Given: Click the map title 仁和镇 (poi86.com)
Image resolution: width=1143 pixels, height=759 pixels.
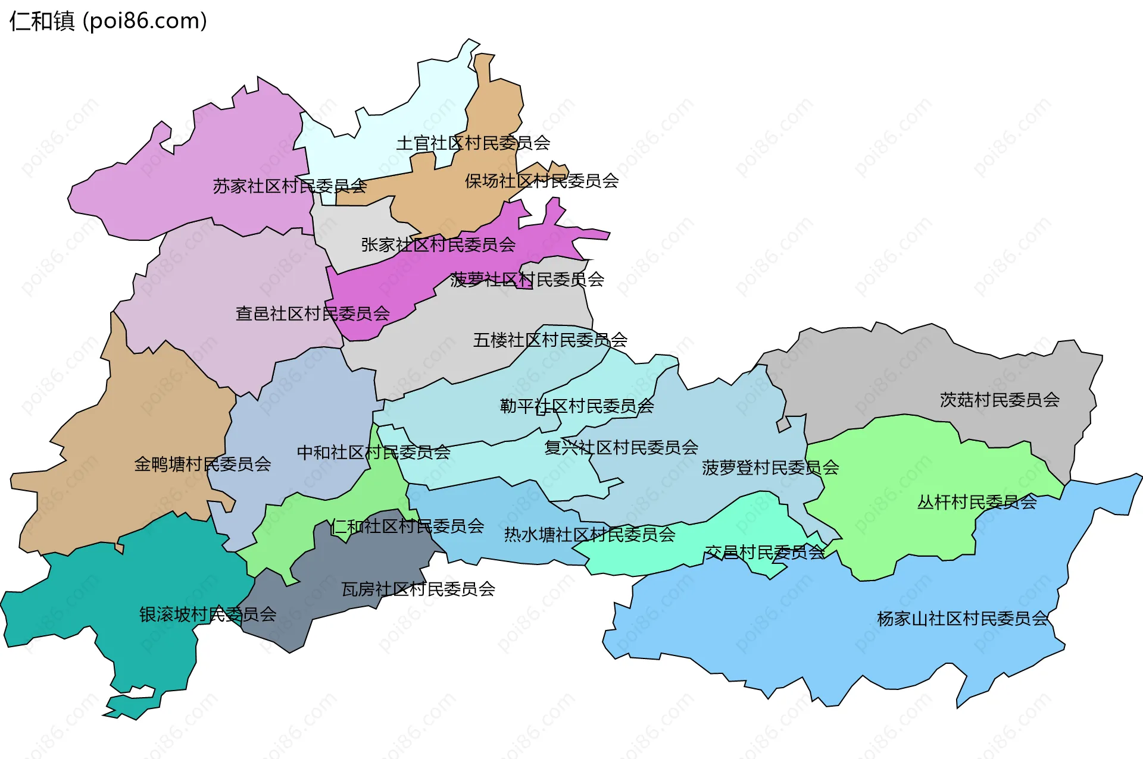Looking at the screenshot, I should click(x=108, y=21).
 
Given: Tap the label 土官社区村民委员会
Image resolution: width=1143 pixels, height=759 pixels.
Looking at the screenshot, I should click(x=473, y=143).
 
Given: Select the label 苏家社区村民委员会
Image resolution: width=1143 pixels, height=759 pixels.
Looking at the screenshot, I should click(x=289, y=186).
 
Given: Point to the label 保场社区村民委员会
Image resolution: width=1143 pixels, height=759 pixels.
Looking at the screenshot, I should click(x=542, y=181).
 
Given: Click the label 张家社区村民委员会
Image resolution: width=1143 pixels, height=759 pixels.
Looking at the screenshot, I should click(x=438, y=244).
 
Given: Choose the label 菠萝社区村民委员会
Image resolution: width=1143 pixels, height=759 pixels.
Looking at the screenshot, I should click(x=527, y=279).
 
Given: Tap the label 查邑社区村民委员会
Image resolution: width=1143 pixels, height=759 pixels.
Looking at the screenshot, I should click(x=313, y=313).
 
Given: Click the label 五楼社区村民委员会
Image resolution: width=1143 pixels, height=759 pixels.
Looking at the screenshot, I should click(x=550, y=340).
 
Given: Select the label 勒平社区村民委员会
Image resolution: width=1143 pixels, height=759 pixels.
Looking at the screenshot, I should click(x=577, y=406).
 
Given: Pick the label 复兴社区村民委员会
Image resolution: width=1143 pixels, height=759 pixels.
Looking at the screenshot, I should click(x=621, y=447).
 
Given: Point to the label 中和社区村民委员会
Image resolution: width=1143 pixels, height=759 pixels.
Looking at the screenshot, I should click(x=373, y=453).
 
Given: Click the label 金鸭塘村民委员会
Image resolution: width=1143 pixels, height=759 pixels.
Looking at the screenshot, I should click(x=202, y=464).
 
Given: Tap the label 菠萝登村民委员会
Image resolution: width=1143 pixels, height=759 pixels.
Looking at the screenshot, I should click(x=770, y=468).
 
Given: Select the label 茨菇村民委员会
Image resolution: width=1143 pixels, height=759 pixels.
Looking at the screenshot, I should click(x=1000, y=400).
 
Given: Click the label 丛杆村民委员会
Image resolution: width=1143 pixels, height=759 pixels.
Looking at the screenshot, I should click(x=977, y=502).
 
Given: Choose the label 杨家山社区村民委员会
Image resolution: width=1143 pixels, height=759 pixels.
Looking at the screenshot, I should click(x=962, y=619).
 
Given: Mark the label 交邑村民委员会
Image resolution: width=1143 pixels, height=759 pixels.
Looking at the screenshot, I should click(x=765, y=553).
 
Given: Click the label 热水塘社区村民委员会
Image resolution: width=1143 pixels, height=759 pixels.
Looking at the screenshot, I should click(x=589, y=535).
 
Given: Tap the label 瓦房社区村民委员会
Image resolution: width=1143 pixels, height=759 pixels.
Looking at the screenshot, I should click(x=418, y=589).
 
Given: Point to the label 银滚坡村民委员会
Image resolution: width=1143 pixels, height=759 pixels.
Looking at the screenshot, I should click(x=208, y=614).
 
